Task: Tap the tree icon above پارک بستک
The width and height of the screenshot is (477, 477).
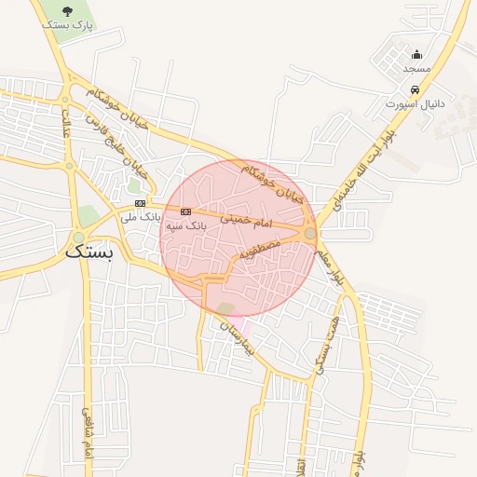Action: (x=68, y=11)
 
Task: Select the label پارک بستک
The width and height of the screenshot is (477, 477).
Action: (x=67, y=25)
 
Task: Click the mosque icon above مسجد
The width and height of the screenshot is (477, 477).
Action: (x=416, y=54)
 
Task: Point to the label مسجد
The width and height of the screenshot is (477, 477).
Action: (x=416, y=69)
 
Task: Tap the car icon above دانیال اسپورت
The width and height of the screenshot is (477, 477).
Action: (x=415, y=90)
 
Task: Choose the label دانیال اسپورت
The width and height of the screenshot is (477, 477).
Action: (x=416, y=104)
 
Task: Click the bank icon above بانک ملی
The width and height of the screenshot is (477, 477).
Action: (x=140, y=202)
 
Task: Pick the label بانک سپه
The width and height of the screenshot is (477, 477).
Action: (x=185, y=225)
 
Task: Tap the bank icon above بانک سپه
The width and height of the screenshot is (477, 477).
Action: (x=186, y=211)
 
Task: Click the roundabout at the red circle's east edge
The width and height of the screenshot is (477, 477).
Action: (x=310, y=234)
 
